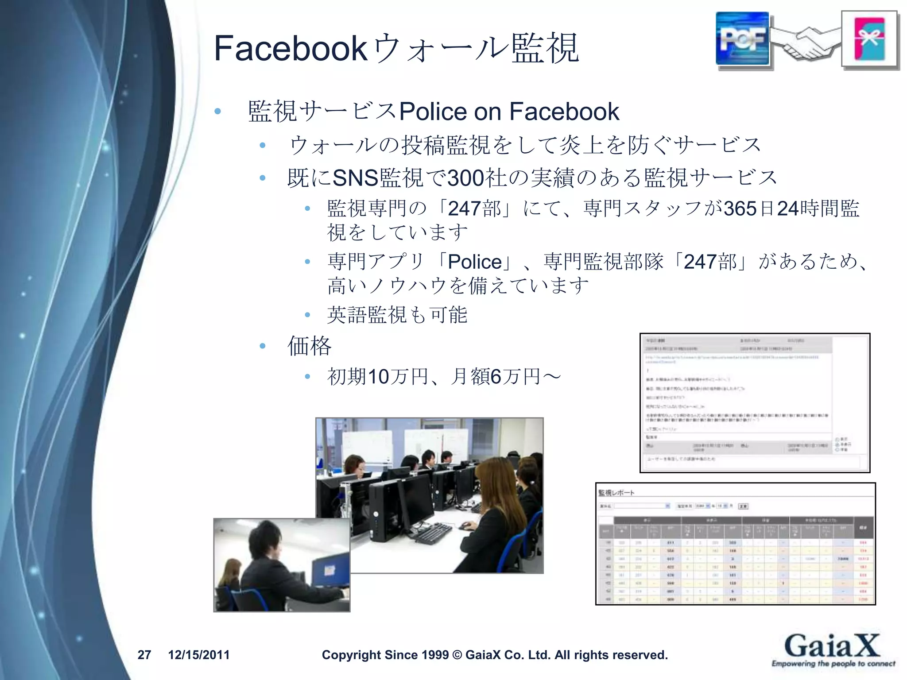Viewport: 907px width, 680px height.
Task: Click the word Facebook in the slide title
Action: (290, 49)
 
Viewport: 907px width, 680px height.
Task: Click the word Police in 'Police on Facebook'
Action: (433, 111)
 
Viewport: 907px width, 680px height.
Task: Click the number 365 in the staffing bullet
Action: (740, 209)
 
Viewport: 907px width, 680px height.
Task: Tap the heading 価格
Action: (309, 346)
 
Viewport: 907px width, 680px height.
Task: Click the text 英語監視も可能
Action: (397, 315)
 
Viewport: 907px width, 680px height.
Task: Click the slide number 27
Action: (144, 655)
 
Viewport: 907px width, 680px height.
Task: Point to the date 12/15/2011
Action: (199, 655)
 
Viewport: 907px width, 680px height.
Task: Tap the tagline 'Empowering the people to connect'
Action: (833, 664)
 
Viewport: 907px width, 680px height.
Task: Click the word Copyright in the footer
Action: (351, 655)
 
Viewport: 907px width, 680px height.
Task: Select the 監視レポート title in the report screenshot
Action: (616, 493)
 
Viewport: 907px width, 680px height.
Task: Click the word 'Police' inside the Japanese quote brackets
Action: (475, 262)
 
